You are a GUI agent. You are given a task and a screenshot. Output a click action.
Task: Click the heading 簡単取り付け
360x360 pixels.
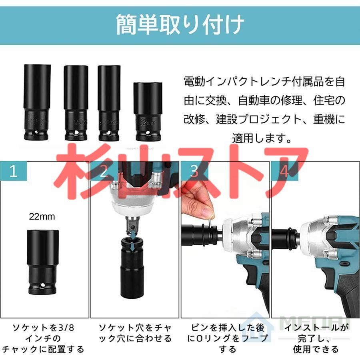[180, 25]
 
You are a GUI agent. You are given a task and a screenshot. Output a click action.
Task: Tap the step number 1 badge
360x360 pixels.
[14, 172]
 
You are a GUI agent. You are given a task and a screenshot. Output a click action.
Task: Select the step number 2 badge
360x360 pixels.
[104, 172]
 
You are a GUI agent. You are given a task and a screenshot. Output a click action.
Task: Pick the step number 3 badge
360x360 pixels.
[194, 172]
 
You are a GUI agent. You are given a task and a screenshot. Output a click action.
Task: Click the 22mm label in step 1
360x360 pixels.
[42, 217]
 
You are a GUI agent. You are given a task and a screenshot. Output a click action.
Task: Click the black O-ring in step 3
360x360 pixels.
[204, 236]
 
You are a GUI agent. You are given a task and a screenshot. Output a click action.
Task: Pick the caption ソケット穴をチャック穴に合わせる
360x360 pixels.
[135, 333]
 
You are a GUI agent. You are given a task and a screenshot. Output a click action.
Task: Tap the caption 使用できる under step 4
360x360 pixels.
[316, 349]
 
